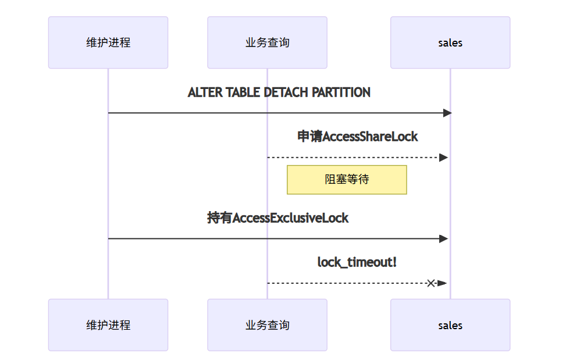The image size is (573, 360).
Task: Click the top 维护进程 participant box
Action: tap(108, 42)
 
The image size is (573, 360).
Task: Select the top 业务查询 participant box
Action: tap(267, 42)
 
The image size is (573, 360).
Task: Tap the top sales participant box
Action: tap(450, 42)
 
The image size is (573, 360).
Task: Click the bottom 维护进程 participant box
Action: tap(108, 325)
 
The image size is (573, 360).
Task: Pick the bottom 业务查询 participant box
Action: tap(267, 325)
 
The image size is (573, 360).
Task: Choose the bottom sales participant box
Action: tap(450, 325)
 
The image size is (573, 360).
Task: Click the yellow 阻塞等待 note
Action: tap(347, 180)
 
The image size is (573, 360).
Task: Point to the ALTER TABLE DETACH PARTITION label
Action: tap(279, 92)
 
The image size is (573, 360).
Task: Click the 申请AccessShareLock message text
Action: tap(357, 137)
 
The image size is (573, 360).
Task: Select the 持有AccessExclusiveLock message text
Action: tap(278, 218)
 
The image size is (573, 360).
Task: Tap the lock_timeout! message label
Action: tap(357, 262)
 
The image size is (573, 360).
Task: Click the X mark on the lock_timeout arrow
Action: tap(430, 283)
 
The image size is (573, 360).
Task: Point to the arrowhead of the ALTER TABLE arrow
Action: tap(447, 113)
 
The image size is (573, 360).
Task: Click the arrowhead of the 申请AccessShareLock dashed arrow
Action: tap(443, 158)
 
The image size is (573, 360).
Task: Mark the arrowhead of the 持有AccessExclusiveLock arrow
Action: tap(443, 238)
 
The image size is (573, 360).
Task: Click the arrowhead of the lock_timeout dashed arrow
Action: tap(442, 283)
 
